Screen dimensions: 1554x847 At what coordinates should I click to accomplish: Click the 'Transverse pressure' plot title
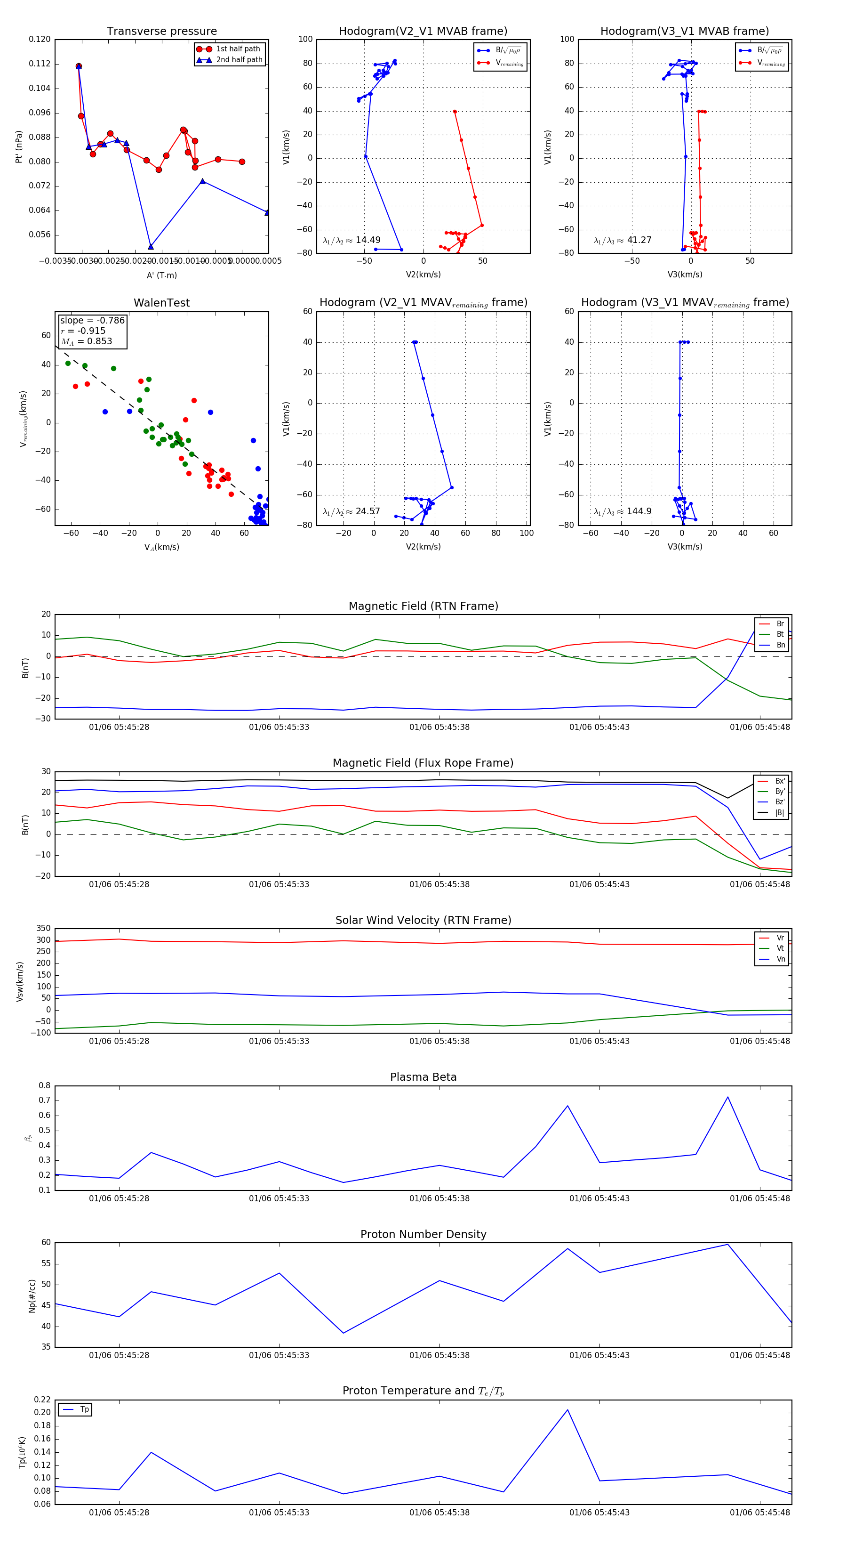tap(161, 32)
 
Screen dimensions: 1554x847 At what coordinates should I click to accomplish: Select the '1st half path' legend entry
tap(238, 49)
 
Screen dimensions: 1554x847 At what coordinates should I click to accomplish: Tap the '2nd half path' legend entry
tap(239, 60)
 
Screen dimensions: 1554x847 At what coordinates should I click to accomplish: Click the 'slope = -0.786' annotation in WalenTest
tap(92, 320)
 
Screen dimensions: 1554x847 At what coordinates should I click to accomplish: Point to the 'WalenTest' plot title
tap(161, 303)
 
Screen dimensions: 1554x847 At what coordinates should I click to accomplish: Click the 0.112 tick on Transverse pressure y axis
tap(40, 64)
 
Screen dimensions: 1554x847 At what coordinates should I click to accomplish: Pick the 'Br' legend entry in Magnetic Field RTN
tap(780, 624)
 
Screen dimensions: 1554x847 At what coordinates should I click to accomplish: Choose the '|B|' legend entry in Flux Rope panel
tap(780, 813)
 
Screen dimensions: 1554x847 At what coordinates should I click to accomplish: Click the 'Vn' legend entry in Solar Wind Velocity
tap(780, 959)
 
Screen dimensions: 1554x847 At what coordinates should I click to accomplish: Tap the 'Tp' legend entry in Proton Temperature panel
tap(84, 1410)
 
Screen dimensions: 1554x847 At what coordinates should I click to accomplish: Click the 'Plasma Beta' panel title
tap(423, 1077)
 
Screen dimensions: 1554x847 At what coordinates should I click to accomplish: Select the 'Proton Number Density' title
tap(423, 1234)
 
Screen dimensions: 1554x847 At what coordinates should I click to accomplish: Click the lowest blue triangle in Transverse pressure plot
tap(151, 247)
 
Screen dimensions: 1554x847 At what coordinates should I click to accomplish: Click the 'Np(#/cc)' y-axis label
tap(32, 1296)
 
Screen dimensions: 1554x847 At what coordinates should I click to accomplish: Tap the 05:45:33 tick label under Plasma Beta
tap(279, 1198)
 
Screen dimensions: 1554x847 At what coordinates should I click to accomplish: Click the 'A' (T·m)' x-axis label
tap(161, 275)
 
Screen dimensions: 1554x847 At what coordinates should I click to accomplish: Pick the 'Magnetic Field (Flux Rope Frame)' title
tap(423, 763)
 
